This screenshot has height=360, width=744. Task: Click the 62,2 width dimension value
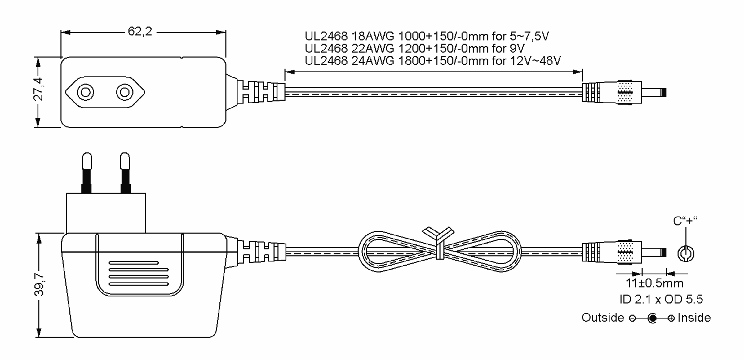[x=140, y=31]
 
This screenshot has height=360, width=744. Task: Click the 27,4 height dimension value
[x=39, y=89]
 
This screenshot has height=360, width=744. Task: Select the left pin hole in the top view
[x=86, y=92]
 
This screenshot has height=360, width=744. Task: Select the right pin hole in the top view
[x=125, y=92]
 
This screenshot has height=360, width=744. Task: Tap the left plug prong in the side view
[x=87, y=173]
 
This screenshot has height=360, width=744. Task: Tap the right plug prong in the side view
[x=125, y=173]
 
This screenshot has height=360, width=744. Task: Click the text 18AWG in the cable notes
[x=373, y=36]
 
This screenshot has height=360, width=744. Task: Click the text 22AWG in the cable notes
[x=373, y=48]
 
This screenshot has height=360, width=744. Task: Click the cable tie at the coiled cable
[x=438, y=243]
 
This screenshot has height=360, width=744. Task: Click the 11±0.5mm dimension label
[x=654, y=283]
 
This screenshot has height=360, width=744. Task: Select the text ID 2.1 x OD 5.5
[x=661, y=299]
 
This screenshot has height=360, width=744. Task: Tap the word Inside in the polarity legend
[x=694, y=318]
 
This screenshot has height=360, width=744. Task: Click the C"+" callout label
[x=685, y=221]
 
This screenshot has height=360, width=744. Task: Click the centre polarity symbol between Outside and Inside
[x=652, y=318]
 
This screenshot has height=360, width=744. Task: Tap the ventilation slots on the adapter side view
[x=139, y=274]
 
